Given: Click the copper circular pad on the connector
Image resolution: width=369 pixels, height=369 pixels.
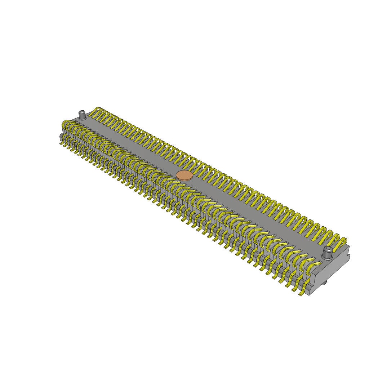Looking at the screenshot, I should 184,175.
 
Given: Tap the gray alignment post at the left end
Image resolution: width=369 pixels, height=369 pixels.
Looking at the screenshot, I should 82,115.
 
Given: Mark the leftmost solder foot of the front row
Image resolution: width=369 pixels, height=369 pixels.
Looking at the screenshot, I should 61,143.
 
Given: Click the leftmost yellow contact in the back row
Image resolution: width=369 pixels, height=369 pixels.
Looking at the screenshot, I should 95,112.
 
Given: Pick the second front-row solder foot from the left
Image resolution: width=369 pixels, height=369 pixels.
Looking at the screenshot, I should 66,146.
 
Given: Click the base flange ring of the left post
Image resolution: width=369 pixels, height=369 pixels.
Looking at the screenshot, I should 82,119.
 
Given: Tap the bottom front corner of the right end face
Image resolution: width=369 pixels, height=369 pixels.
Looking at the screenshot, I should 309,295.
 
